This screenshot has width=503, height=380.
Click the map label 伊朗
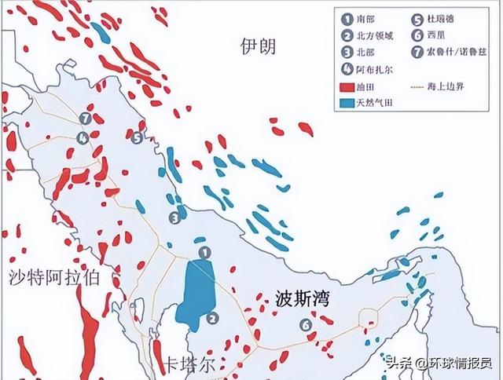(258, 47)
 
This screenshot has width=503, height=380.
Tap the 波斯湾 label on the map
(303, 298)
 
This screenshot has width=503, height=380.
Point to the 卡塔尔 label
(189, 365)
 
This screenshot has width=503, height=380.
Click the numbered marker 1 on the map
(204, 252)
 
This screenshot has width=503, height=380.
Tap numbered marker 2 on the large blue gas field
(212, 317)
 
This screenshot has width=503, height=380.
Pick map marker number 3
(174, 217)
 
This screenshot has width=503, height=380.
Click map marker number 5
(136, 138)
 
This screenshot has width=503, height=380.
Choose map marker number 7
(85, 119)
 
